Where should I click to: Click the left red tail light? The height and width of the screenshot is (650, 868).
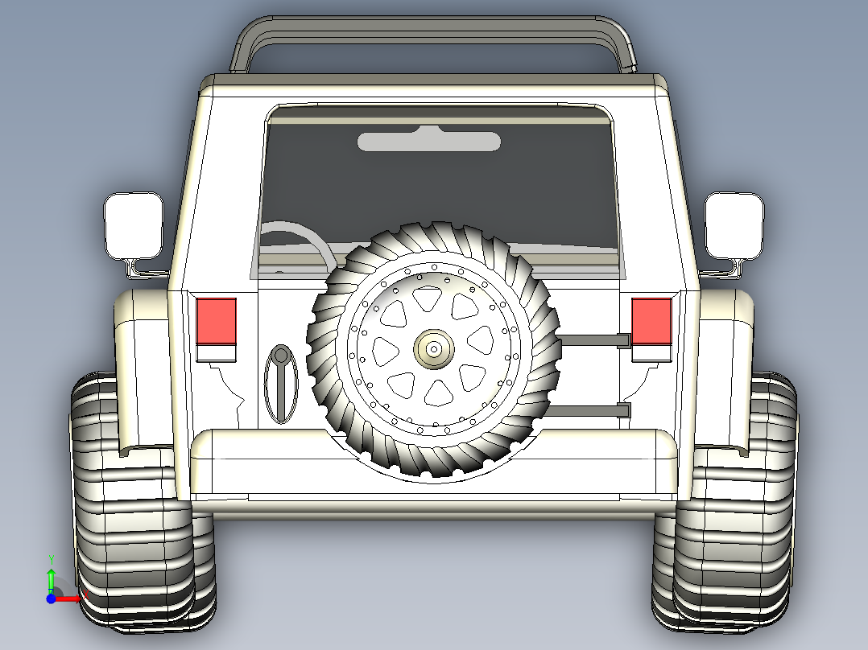(x=217, y=321)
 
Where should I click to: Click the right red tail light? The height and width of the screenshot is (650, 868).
(x=651, y=321)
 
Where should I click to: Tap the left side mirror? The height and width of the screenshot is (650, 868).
(x=134, y=226)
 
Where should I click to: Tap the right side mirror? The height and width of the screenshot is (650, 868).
(x=734, y=226)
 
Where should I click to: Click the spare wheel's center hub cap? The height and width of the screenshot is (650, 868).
(x=434, y=349)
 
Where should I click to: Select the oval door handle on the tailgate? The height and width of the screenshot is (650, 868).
(x=281, y=384)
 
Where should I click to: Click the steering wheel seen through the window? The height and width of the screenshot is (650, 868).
(x=299, y=245)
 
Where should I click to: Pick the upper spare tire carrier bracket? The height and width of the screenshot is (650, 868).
(x=595, y=341)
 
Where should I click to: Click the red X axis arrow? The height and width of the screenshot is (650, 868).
(x=70, y=599)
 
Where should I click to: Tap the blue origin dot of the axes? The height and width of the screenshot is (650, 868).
(x=51, y=599)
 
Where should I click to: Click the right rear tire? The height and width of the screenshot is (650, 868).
(x=726, y=500)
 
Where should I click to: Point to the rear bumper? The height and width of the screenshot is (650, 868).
(x=434, y=465)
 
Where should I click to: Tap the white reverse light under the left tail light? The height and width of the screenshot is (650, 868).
(x=217, y=353)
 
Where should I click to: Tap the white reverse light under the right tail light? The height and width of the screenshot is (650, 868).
(x=651, y=353)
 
